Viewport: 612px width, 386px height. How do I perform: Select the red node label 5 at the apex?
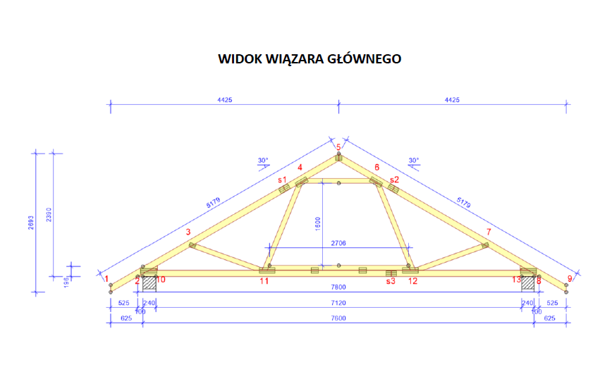click(x=338, y=147)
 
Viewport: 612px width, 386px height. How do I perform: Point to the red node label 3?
click(x=188, y=232)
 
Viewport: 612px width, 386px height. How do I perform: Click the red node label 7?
click(x=488, y=232)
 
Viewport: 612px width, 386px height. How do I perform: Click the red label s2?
click(x=394, y=179)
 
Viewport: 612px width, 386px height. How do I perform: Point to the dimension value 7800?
click(x=338, y=287)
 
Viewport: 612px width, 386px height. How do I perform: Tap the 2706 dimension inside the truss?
click(x=338, y=242)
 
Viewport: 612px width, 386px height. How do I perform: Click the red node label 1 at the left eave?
click(x=107, y=279)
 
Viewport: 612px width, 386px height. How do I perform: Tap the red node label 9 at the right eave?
click(x=570, y=279)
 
